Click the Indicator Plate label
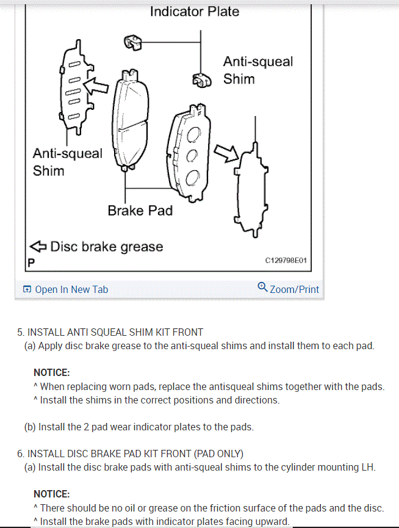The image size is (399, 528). (195, 11)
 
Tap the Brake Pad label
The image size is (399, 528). (140, 211)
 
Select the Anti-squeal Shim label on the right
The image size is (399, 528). (257, 70)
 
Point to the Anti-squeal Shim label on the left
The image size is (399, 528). (67, 162)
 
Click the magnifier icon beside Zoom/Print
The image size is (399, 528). (262, 286)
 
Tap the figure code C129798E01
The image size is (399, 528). (286, 261)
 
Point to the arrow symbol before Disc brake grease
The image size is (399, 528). (38, 247)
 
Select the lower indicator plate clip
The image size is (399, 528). (201, 81)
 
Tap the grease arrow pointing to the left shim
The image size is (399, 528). (95, 86)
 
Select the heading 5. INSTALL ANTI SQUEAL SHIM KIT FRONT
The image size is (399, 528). (110, 332)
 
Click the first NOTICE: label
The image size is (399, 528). (51, 372)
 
